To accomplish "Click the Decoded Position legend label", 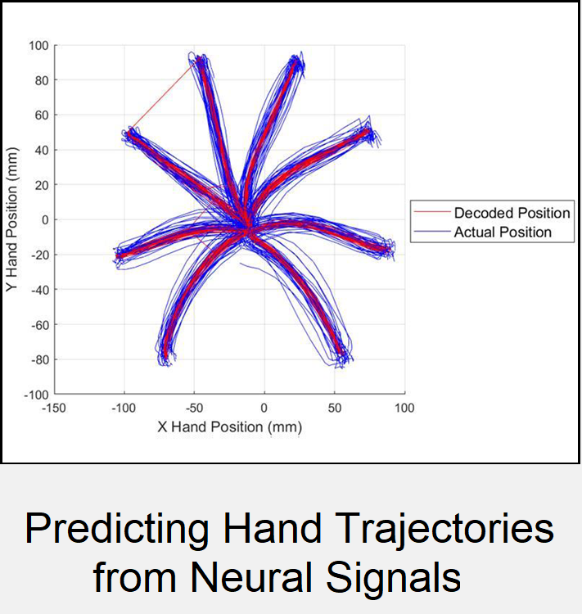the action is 512,213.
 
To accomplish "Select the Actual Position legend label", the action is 503,233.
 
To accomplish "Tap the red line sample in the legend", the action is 432,212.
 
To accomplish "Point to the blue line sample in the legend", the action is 432,232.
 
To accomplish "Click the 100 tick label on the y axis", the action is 38,46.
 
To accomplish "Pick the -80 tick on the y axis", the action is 40,359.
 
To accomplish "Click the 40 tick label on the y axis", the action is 42,151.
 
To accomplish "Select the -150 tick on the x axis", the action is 54,408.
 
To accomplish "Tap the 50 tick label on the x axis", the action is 335,408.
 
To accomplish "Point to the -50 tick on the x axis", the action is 194,408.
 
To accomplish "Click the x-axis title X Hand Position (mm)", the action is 230,427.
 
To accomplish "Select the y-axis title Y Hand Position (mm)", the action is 11,219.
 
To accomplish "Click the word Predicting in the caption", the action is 117,529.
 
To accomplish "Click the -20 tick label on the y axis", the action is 40,255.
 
